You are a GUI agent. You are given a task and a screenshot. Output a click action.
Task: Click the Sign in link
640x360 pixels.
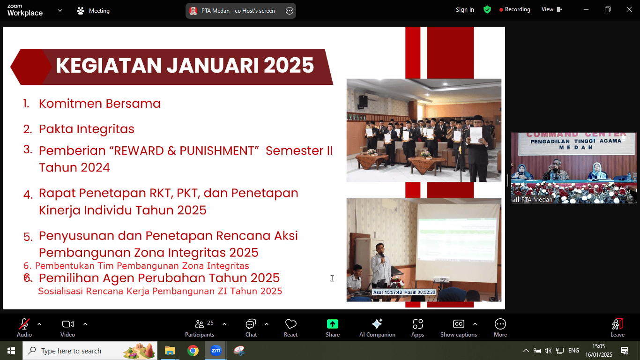pyautogui.click(x=465, y=10)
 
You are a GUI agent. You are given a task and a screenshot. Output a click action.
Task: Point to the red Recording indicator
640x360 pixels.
pyautogui.click(x=514, y=10)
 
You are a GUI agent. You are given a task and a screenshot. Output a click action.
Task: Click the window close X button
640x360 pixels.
pyautogui.click(x=629, y=10)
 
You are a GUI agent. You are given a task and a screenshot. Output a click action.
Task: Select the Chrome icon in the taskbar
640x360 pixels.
pyautogui.click(x=193, y=351)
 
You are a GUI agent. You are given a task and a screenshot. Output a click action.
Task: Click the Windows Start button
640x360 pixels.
pyautogui.click(x=11, y=351)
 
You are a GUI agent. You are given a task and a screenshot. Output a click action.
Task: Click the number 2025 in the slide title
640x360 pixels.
pyautogui.click(x=289, y=66)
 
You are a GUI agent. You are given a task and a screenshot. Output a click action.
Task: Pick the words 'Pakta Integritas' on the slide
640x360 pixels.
pyautogui.click(x=87, y=129)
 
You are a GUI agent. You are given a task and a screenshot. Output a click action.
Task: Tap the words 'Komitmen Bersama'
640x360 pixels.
pyautogui.click(x=100, y=104)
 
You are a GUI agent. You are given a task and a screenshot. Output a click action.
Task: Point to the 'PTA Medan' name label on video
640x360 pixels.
pyautogui.click(x=536, y=199)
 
